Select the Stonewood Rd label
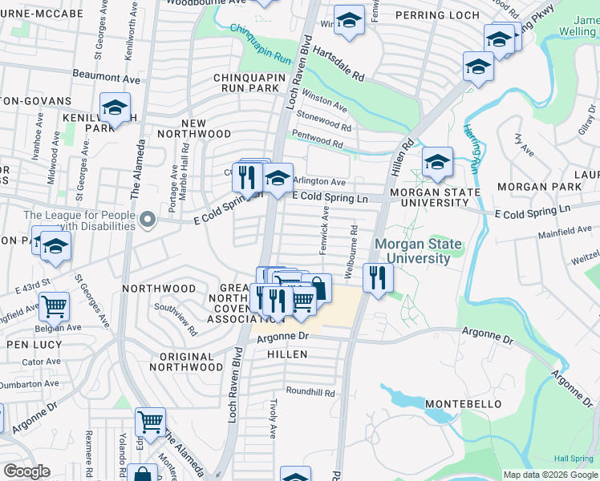pyautogui.click(x=324, y=122)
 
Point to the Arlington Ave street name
pyautogui.click(x=320, y=182)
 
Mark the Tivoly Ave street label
pyautogui.click(x=274, y=418)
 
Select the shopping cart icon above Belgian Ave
pyautogui.click(x=54, y=305)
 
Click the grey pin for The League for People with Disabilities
pyautogui.click(x=147, y=219)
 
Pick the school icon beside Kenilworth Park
pyautogui.click(x=115, y=107)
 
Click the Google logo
pyautogui.click(x=26, y=471)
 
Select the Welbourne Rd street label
pyautogui.click(x=352, y=251)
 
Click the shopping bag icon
pyautogui.click(x=318, y=288)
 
